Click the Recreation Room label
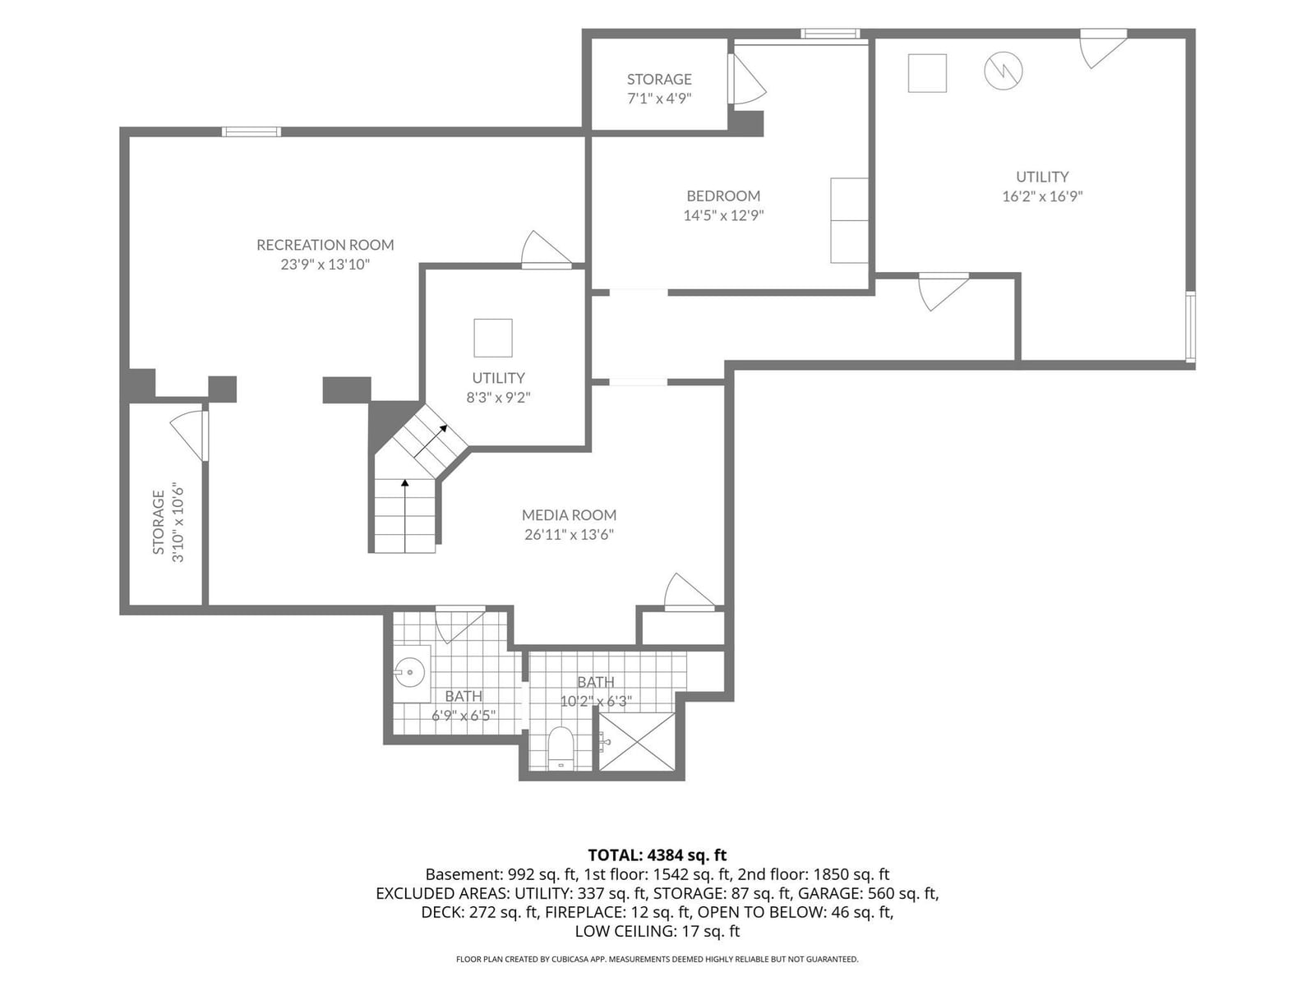325,245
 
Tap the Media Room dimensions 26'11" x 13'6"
569,535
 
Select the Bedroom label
724,196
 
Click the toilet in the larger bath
561,747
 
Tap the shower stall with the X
637,742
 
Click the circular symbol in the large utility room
1003,71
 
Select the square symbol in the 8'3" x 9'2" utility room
493,339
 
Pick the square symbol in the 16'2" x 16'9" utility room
927,73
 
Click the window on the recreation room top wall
251,131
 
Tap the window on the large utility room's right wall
1190,327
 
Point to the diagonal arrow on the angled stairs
431,441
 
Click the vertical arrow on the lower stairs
405,515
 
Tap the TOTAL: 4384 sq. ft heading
657,855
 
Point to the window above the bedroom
830,34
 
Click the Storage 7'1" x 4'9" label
659,89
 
